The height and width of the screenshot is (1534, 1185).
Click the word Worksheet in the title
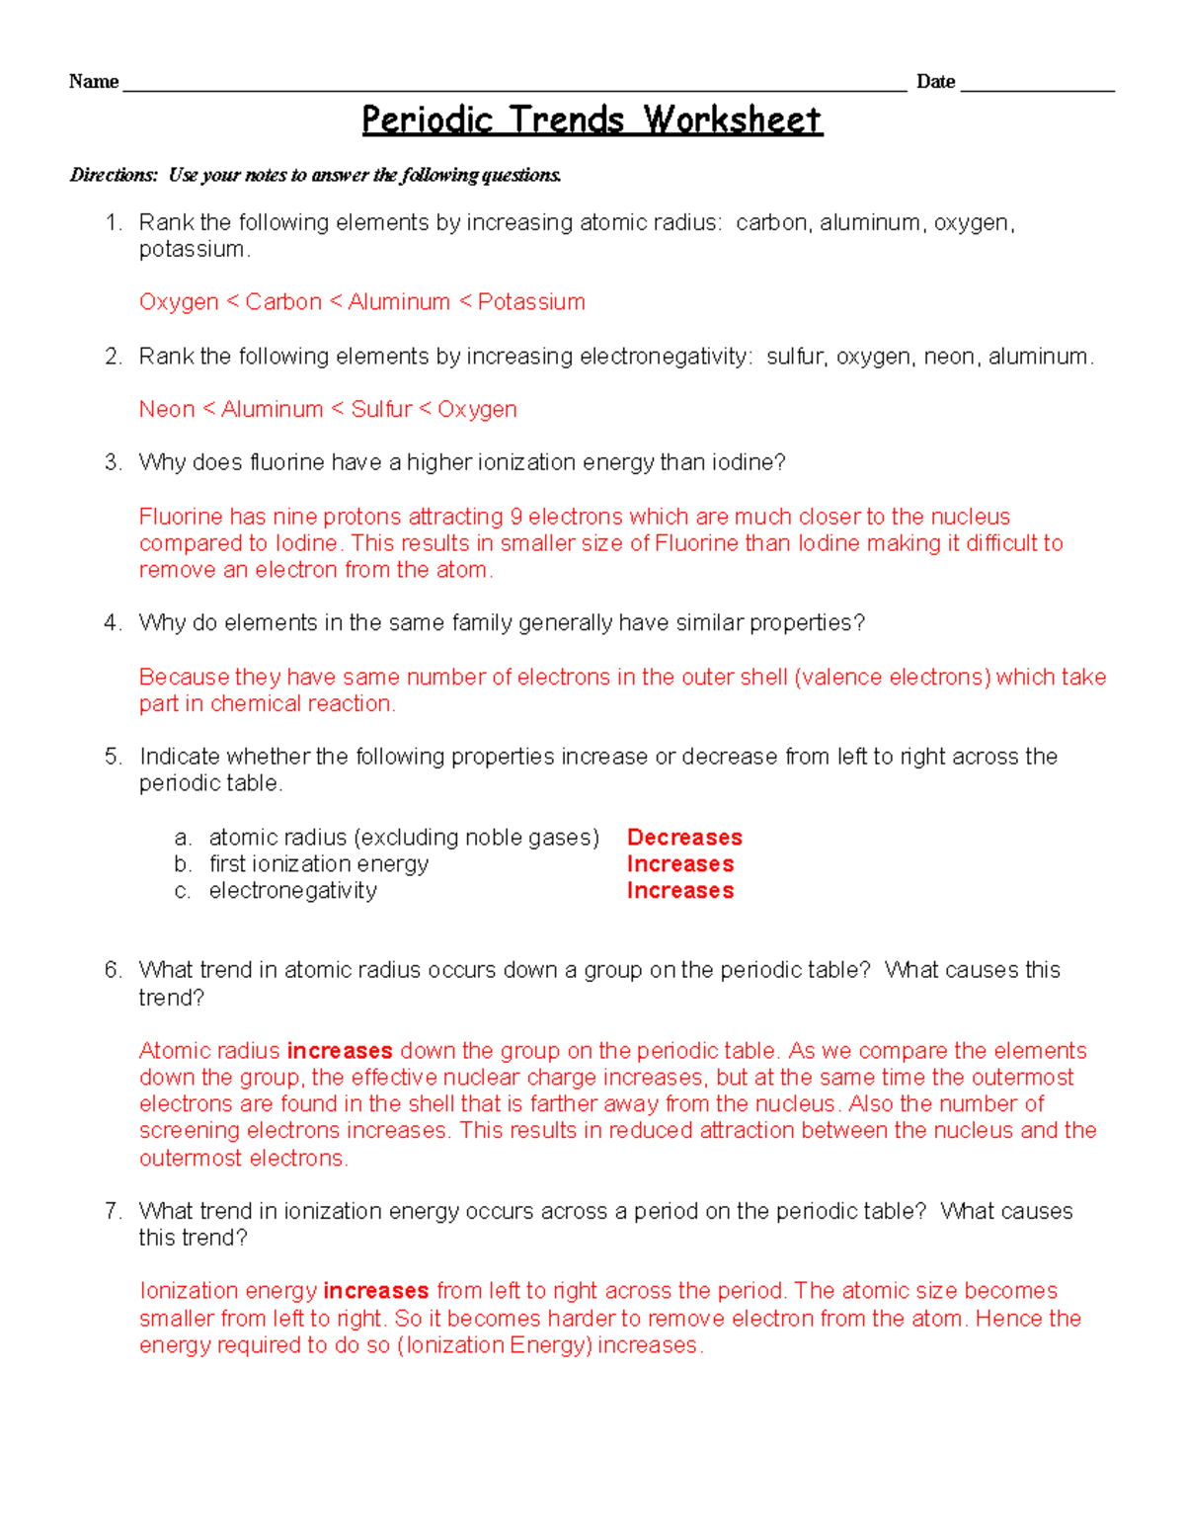tap(732, 121)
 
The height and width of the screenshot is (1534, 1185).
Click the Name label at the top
tap(94, 82)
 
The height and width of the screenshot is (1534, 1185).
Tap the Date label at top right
tap(935, 82)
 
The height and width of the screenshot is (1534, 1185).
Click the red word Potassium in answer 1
tap(531, 302)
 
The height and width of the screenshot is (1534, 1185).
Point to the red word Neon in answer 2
tap(167, 409)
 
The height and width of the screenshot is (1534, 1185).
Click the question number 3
tap(113, 462)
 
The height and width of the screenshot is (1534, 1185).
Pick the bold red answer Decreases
tap(684, 838)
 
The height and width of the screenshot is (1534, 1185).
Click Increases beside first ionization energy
tap(680, 864)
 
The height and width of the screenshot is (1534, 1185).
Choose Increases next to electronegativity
tap(680, 891)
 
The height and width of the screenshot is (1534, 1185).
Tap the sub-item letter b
tap(182, 864)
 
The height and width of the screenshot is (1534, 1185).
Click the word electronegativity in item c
tap(292, 891)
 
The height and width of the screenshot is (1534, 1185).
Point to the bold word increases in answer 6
tap(340, 1051)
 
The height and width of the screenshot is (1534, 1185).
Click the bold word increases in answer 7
tap(376, 1291)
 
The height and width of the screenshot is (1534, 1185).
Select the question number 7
tap(113, 1211)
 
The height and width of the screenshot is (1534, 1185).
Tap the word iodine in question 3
tap(750, 462)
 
